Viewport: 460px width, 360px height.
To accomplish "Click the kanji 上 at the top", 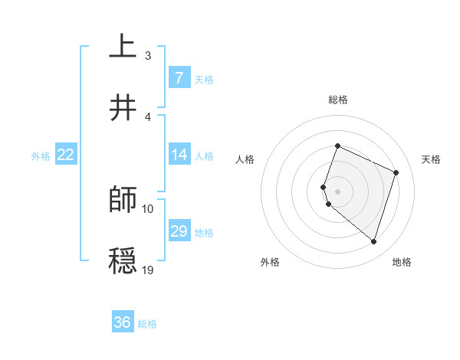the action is pos(123,47).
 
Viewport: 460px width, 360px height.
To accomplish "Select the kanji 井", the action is pos(123,108).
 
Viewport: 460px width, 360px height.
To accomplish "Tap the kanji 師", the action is pos(123,200).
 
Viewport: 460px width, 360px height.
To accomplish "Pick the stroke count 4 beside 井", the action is pos(148,116).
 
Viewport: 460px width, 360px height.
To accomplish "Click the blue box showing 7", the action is pos(179,78).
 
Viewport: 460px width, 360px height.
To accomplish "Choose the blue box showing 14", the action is pos(179,155).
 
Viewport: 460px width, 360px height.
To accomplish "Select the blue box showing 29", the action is pos(179,231).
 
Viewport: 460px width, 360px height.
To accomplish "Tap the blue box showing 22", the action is pos(66,155).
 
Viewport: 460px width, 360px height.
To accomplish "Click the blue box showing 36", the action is pos(123,322).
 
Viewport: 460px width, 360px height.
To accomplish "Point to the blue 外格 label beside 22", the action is pos(41,156).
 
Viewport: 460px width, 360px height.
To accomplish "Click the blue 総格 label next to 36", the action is pos(147,324).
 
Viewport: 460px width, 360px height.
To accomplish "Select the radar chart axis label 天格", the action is pos(431,159).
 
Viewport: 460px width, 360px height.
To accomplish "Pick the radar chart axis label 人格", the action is pos(245,159).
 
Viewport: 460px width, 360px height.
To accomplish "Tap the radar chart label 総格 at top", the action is pos(338,100).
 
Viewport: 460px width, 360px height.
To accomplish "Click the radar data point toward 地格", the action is pos(373,241).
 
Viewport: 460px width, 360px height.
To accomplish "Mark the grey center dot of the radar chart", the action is pos(338,191).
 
